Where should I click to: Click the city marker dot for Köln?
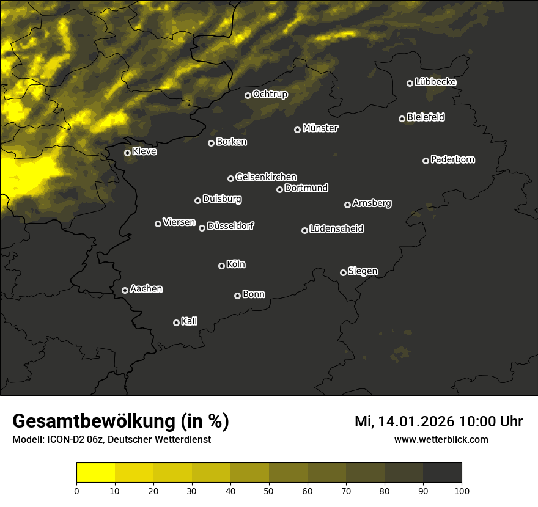tap(221, 266)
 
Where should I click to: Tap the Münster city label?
tap(320, 128)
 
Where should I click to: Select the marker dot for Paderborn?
tap(426, 161)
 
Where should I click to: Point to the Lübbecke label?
tap(435, 82)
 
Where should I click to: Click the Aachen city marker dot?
tap(125, 290)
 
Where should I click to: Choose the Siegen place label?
tap(363, 271)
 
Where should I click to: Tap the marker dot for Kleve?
tap(127, 153)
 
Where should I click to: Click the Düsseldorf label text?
tap(230, 226)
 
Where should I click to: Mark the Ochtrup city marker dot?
tap(248, 95)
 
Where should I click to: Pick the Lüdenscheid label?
tap(336, 229)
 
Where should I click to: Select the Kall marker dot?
tap(176, 323)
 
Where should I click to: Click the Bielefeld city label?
tap(426, 117)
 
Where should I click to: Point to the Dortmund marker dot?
tap(279, 189)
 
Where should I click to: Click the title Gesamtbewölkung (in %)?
tap(120, 421)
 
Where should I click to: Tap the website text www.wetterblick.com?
tap(441, 439)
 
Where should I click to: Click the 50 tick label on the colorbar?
tap(269, 491)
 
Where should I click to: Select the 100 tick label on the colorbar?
tap(462, 491)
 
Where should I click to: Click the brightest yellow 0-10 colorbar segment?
tap(95, 472)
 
